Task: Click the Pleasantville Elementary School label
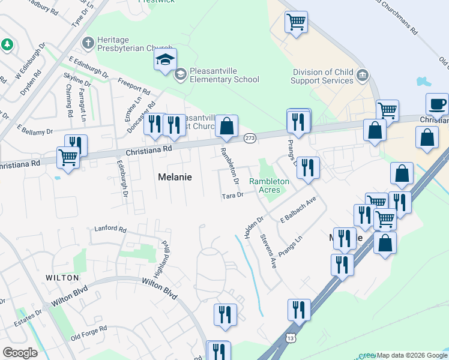pyautogui.click(x=224, y=74)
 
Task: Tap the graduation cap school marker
pyautogui.click(x=165, y=60)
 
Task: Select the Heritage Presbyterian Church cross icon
pyautogui.click(x=88, y=43)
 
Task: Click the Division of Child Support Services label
pyautogui.click(x=323, y=76)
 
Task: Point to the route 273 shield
pyautogui.click(x=250, y=139)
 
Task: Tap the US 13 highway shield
pyautogui.click(x=291, y=338)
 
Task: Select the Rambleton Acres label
pyautogui.click(x=270, y=185)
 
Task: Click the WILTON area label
pyautogui.click(x=61, y=278)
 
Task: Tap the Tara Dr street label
pyautogui.click(x=232, y=196)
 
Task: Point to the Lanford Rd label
pyautogui.click(x=110, y=229)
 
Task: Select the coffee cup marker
pyautogui.click(x=437, y=104)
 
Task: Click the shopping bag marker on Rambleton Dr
pyautogui.click(x=226, y=126)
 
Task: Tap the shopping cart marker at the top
pyautogui.click(x=296, y=22)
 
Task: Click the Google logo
pyautogui.click(x=20, y=353)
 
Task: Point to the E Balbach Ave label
pyautogui.click(x=298, y=212)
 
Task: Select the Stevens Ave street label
pyautogui.click(x=268, y=251)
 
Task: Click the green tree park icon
pyautogui.click(x=7, y=44)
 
